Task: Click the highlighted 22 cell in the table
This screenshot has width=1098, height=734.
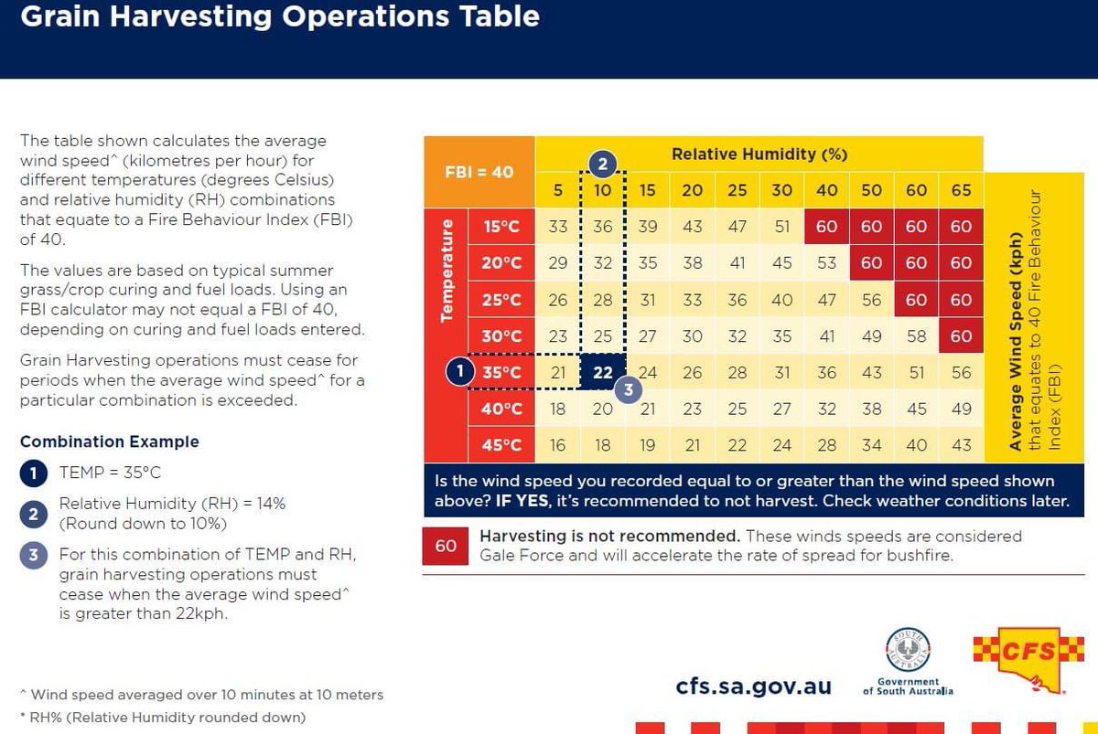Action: (x=602, y=372)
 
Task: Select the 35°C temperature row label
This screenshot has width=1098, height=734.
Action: (x=501, y=372)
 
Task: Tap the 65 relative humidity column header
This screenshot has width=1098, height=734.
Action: (x=960, y=190)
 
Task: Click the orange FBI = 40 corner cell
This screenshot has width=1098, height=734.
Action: (x=479, y=172)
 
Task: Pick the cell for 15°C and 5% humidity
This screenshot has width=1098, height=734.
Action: (x=557, y=227)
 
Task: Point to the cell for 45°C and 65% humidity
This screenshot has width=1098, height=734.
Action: (x=960, y=445)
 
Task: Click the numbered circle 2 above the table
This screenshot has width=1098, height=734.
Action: (x=602, y=165)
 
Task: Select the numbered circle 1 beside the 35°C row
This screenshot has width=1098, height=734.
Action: (x=459, y=372)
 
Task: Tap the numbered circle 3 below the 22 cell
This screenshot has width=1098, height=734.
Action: (x=627, y=388)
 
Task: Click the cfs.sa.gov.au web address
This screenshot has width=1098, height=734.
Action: (x=753, y=686)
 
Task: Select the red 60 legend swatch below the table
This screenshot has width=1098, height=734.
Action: (x=446, y=546)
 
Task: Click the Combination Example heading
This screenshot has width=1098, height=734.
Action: (x=109, y=441)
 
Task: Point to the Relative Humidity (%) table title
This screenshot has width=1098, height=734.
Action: (x=759, y=154)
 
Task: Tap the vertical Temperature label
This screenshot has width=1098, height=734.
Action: (x=447, y=270)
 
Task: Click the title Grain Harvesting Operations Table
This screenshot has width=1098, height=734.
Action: (x=279, y=16)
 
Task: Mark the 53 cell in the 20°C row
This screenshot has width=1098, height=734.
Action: (x=826, y=263)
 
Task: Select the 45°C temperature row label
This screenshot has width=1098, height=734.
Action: (x=501, y=445)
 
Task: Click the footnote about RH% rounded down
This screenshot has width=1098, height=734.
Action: (x=162, y=718)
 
